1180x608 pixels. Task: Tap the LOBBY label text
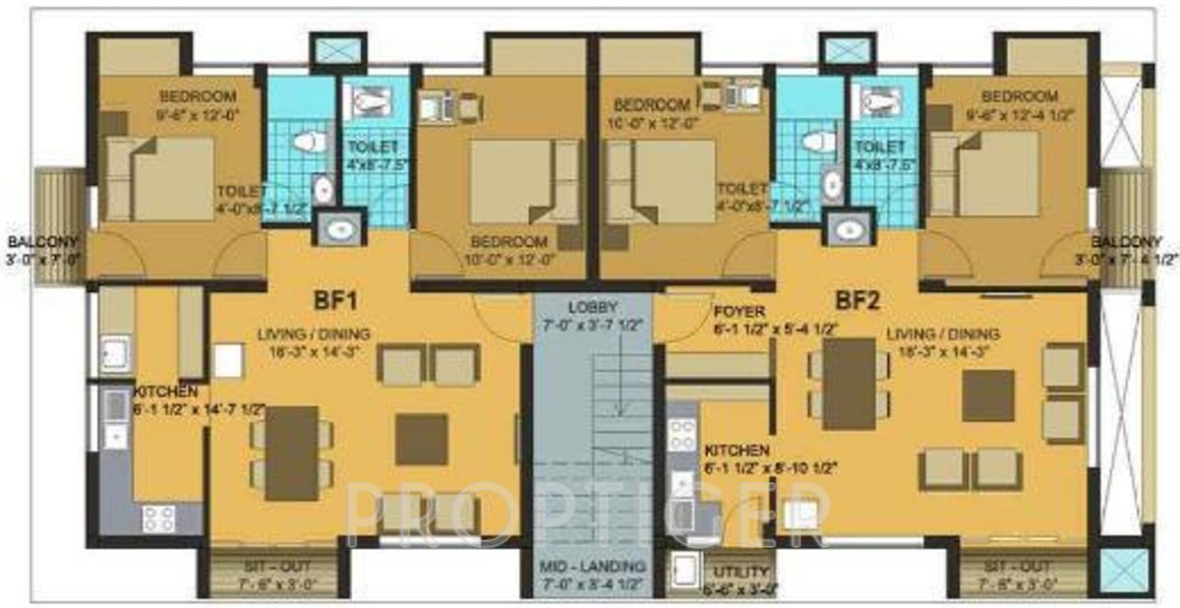tap(591, 307)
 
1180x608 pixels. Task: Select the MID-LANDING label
tap(592, 568)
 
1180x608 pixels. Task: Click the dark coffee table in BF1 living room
tap(422, 439)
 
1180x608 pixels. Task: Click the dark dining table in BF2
tap(849, 384)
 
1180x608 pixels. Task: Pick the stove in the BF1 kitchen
tap(158, 517)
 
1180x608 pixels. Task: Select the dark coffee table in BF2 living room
tap(987, 395)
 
